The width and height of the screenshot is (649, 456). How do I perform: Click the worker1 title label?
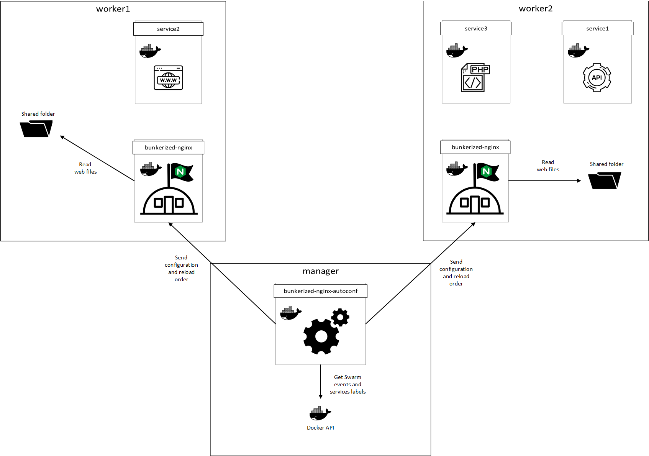(113, 9)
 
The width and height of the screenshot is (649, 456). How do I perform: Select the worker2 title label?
(536, 8)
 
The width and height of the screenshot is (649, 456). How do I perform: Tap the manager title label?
(321, 271)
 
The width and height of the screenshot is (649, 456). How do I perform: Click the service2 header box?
(168, 29)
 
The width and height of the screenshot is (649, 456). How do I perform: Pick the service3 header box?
(476, 28)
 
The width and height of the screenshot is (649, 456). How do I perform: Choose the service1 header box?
(597, 28)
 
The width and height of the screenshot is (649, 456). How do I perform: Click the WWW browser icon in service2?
(168, 78)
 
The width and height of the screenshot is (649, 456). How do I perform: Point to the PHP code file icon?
(475, 77)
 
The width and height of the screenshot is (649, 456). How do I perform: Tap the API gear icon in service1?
(597, 77)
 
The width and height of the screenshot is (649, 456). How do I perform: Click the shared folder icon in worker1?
(36, 129)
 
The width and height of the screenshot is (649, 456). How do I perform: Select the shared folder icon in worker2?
(605, 180)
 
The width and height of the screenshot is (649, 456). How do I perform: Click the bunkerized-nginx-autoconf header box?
(321, 291)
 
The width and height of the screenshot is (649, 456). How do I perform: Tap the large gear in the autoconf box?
(321, 336)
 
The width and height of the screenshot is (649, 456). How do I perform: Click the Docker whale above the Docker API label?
(320, 413)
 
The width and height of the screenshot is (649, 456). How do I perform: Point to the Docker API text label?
(320, 428)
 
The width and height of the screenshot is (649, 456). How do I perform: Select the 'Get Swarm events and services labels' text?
(347, 384)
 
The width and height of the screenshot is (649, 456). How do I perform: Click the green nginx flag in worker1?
(181, 172)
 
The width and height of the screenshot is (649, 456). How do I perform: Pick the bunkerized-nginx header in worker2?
(475, 147)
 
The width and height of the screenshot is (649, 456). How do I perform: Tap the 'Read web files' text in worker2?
(548, 166)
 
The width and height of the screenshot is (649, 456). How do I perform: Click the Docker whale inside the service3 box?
(457, 51)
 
